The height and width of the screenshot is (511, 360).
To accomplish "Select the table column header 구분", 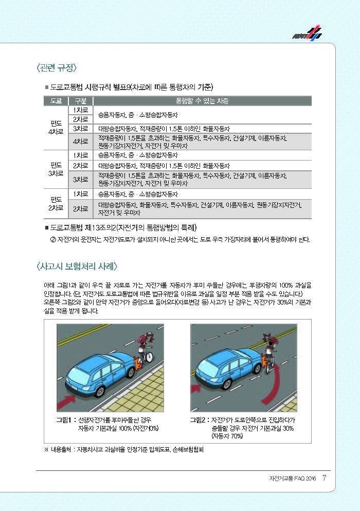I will point(80,100).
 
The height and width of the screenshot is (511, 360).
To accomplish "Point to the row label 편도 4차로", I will point(56,127).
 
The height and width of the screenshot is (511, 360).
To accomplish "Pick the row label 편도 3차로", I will point(56,169).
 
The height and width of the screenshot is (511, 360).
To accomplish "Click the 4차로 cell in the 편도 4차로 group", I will point(80,141).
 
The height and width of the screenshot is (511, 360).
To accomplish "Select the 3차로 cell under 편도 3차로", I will point(80,180).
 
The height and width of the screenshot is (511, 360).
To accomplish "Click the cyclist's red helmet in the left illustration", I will point(142,340).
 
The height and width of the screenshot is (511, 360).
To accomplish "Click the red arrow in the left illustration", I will point(66,399).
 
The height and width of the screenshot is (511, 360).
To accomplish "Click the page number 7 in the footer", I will point(324,478).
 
